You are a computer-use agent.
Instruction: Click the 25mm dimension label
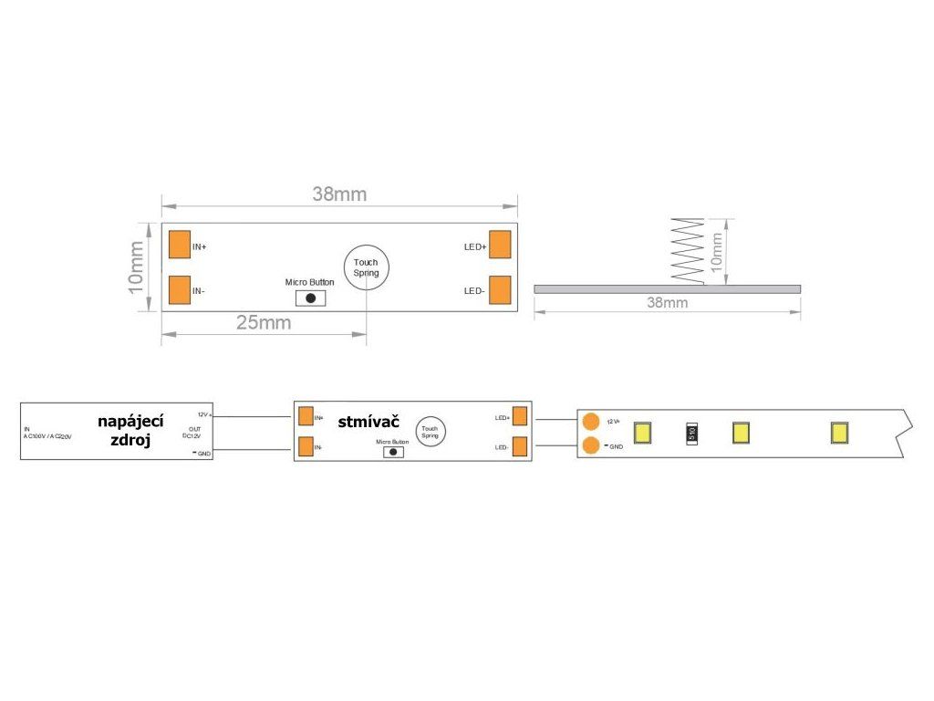[264, 323]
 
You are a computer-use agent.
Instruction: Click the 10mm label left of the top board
[135, 267]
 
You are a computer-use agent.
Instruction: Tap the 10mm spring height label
[717, 249]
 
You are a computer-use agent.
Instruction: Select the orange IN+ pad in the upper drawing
[179, 245]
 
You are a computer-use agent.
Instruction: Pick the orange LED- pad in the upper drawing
[500, 289]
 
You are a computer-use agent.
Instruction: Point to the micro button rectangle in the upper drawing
[310, 298]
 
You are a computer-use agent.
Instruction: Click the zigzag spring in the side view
[686, 252]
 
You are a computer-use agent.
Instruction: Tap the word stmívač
[368, 422]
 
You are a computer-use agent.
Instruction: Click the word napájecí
[130, 420]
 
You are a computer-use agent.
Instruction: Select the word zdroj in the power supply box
[130, 439]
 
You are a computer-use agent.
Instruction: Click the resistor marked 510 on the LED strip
[691, 433]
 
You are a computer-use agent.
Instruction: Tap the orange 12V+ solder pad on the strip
[591, 422]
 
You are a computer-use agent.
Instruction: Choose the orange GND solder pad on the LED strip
[591, 445]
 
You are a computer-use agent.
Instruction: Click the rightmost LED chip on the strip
[839, 433]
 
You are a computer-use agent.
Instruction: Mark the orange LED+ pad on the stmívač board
[520, 416]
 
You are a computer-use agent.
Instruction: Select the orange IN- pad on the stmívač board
[306, 447]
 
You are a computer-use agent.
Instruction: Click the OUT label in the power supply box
[194, 428]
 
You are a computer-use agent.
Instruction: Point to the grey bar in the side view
[667, 288]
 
